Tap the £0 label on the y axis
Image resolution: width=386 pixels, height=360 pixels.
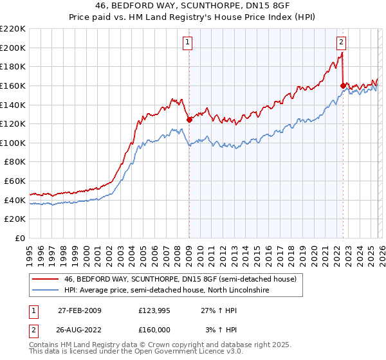(21, 239)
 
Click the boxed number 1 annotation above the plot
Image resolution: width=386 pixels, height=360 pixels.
(188, 42)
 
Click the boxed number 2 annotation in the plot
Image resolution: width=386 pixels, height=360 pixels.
(341, 42)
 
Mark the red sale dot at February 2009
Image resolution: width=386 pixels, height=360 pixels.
(189, 120)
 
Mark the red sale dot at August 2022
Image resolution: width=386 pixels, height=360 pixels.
(343, 85)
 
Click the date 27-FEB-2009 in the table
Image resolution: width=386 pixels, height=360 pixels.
(79, 310)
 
